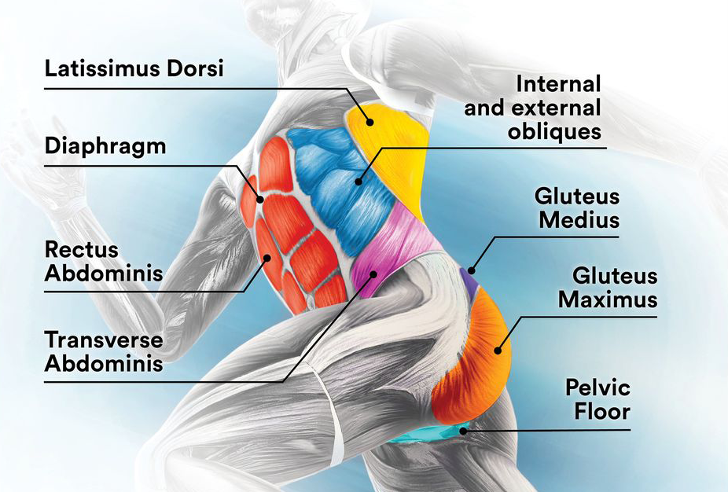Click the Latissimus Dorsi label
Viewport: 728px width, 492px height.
point(134,68)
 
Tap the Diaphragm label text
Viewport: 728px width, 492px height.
point(105,147)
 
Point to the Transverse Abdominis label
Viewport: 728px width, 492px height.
point(103,352)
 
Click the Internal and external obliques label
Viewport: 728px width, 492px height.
point(532,107)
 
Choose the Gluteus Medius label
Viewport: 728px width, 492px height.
point(577,207)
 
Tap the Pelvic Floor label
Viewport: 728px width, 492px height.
point(597,399)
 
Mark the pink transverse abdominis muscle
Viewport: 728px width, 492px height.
point(393,244)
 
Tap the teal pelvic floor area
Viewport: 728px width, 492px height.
point(436,435)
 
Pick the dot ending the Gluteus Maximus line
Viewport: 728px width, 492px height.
point(497,351)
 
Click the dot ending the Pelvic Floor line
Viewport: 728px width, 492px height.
point(464,430)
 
